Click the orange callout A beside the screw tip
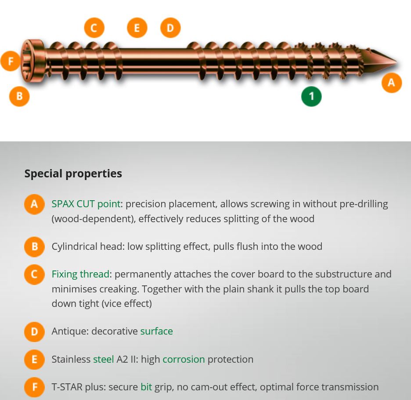[x=391, y=83]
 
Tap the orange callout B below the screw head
[x=19, y=96]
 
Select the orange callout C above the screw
[x=94, y=28]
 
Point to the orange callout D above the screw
[x=170, y=28]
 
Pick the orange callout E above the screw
[x=137, y=28]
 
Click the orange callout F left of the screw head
[x=11, y=61]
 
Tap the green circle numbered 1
[x=311, y=96]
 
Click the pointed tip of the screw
[x=396, y=63]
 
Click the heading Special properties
[x=73, y=173]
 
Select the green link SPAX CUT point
[x=86, y=204]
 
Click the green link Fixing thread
[x=80, y=274]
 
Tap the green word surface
[x=156, y=332]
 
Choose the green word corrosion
[x=184, y=359]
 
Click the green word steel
[x=104, y=359]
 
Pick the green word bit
[x=146, y=387]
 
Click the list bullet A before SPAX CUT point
[x=34, y=204]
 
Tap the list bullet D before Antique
[x=34, y=332]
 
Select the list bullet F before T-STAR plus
[x=34, y=387]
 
